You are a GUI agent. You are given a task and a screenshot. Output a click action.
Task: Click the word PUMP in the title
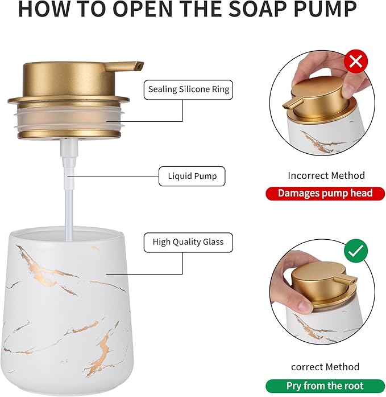(x=325, y=10)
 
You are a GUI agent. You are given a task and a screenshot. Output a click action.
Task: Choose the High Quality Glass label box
(x=188, y=242)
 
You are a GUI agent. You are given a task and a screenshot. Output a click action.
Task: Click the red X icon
(x=356, y=62)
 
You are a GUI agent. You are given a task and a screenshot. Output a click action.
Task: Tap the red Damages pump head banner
(x=325, y=193)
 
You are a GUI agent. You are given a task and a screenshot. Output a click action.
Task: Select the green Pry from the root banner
(x=325, y=386)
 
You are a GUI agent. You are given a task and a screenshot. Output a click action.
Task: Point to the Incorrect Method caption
(x=326, y=175)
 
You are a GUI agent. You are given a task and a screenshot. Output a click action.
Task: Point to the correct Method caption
(x=325, y=367)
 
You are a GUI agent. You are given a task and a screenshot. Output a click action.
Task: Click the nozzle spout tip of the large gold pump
(x=139, y=67)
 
